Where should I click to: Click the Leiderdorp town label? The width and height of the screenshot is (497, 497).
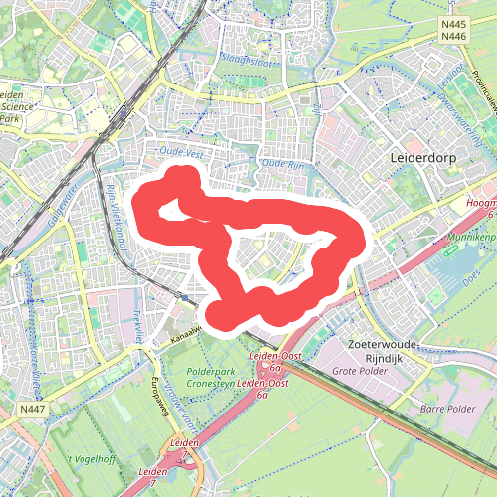[423, 158]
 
